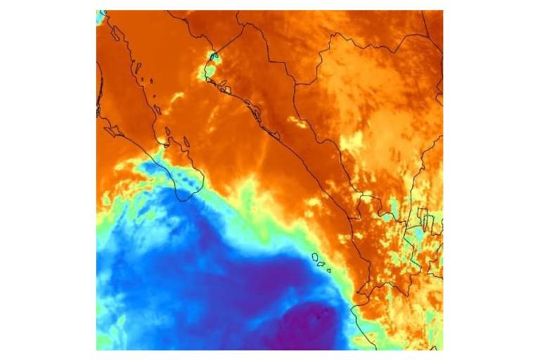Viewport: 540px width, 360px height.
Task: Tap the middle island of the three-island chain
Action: point(321,264)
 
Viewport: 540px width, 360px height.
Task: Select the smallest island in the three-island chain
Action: point(328,270)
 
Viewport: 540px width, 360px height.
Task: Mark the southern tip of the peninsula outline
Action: point(184,200)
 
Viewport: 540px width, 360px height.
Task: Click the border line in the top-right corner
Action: point(430,28)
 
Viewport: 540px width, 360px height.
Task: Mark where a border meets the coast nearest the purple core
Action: point(352,307)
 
